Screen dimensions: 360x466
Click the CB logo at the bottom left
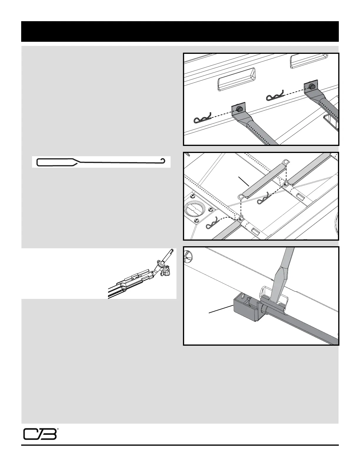[x=40, y=434]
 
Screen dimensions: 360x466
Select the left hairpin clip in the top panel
[x=203, y=118]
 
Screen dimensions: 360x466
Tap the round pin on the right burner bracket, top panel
[x=311, y=86]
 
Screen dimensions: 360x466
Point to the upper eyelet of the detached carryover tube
[x=286, y=162]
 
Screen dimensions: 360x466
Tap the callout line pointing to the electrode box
[x=221, y=309]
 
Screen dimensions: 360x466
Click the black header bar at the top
[x=180, y=31]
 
